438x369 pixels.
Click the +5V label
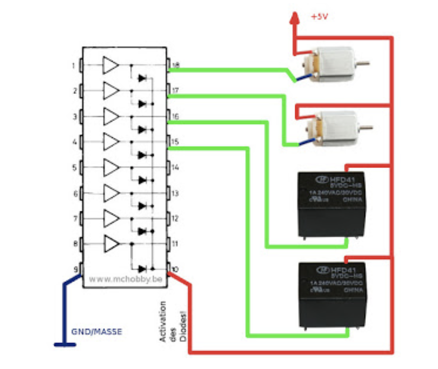click(320, 17)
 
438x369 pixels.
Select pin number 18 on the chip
click(175, 65)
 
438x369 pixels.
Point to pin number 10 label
click(175, 270)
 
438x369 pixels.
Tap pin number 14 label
click(175, 168)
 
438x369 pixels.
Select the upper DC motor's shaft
click(363, 63)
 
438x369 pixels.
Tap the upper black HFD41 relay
click(331, 204)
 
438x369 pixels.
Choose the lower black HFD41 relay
click(332, 294)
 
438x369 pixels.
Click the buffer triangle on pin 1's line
click(110, 65)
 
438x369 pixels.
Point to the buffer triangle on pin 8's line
click(110, 244)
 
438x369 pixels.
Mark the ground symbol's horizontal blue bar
click(65, 345)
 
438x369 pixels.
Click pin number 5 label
click(74, 168)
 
